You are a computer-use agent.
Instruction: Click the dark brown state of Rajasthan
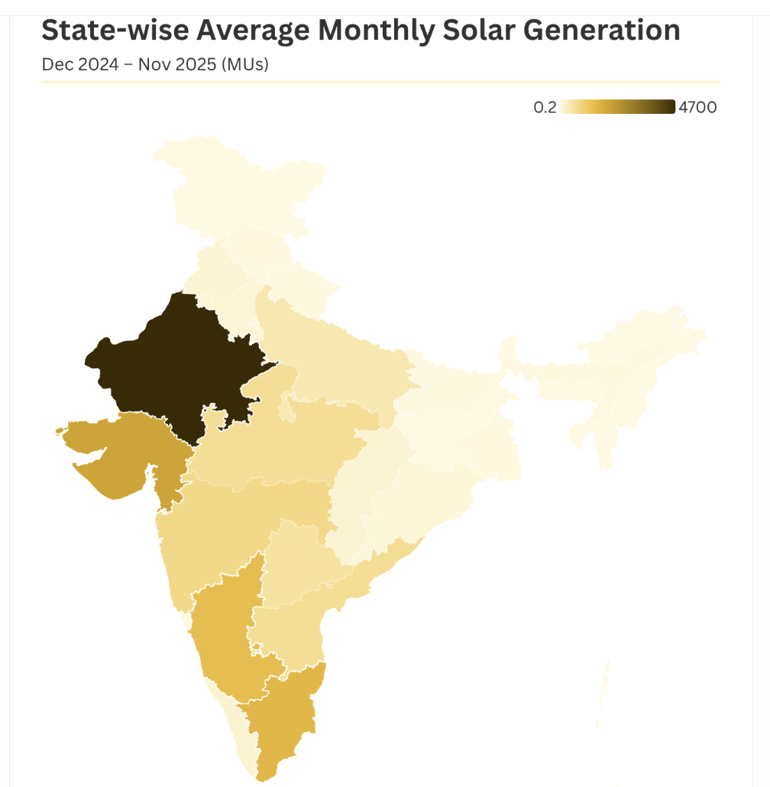[x=176, y=359]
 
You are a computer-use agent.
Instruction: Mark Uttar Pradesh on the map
[x=336, y=359]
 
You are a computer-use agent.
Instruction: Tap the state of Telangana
[x=298, y=565]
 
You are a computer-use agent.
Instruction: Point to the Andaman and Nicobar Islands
[x=606, y=688]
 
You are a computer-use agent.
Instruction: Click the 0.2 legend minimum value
[x=545, y=107]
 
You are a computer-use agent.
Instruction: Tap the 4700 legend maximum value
[x=697, y=107]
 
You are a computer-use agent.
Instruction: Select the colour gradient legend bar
[x=617, y=107]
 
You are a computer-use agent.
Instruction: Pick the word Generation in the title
[x=611, y=31]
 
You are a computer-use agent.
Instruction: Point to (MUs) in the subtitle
[x=244, y=64]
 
